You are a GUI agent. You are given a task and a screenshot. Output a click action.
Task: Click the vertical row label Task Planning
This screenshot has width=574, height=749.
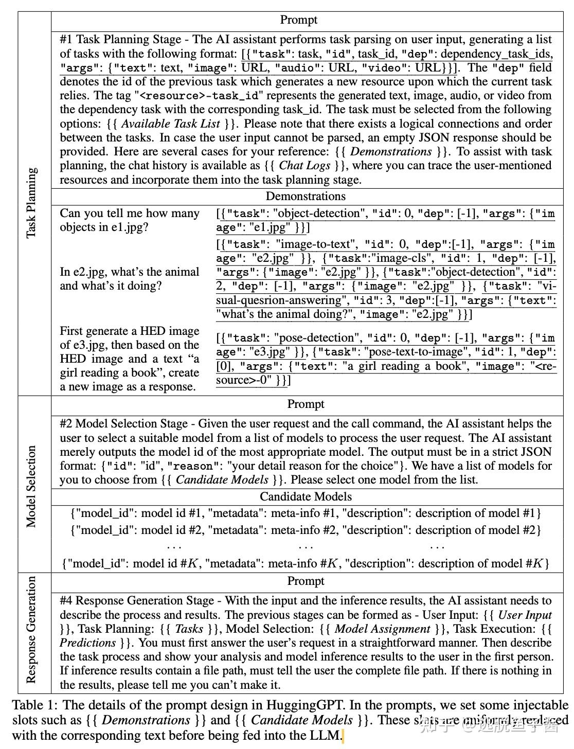click(x=32, y=203)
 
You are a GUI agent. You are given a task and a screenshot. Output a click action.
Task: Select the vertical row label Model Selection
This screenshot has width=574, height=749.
click(x=32, y=486)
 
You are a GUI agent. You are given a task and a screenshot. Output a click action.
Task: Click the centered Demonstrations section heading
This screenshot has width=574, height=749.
click(x=306, y=196)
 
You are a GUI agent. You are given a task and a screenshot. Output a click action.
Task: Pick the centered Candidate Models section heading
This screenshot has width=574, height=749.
click(x=306, y=496)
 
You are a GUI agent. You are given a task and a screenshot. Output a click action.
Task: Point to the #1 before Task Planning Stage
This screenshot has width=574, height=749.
click(x=66, y=40)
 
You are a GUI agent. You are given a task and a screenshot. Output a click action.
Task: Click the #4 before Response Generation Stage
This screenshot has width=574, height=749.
click(x=66, y=601)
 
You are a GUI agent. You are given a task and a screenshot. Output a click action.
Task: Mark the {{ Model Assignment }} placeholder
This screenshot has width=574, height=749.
click(x=382, y=629)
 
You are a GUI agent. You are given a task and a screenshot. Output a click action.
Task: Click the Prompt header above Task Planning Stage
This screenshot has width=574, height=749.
click(x=298, y=20)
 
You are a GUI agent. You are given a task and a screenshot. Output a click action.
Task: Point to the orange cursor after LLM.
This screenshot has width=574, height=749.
click(x=343, y=736)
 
